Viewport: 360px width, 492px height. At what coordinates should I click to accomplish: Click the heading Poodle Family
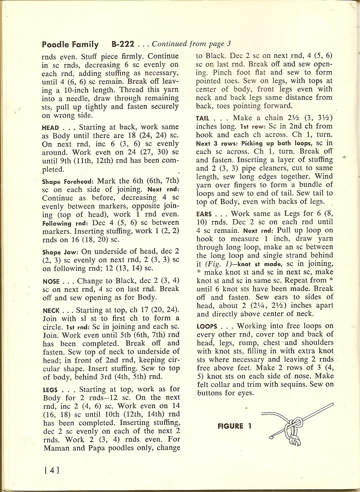pos(70,45)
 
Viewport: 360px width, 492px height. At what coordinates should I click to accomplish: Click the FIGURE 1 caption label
pos(234,426)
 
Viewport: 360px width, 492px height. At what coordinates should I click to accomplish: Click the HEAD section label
pos(51,128)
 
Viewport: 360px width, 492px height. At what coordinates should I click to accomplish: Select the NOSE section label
pos(51,282)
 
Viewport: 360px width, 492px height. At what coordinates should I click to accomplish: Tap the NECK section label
pos(51,311)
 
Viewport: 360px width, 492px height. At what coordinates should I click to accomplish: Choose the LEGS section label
pos(51,390)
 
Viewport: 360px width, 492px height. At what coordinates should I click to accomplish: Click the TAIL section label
pos(203,118)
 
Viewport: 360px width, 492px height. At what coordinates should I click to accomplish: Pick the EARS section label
pos(204,214)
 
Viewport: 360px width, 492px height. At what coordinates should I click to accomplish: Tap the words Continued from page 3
pos(191,44)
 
